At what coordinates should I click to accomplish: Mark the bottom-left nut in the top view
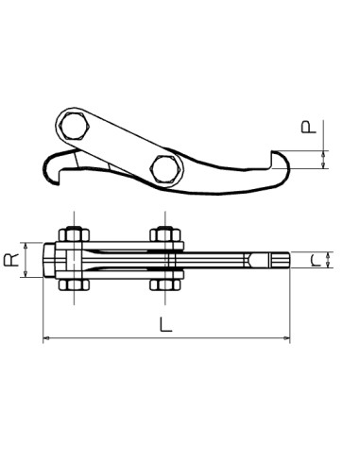74,284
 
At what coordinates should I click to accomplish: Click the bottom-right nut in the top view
166,284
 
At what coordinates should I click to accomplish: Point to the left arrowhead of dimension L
46,339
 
